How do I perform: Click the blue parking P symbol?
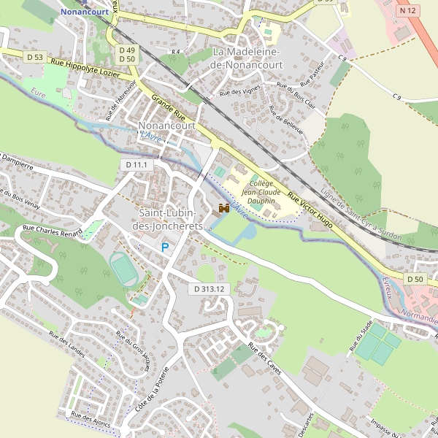click(165, 248)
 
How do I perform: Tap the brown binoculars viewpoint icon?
click(224, 209)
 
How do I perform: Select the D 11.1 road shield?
click(137, 165)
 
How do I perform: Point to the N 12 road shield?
click(408, 11)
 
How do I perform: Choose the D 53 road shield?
click(34, 57)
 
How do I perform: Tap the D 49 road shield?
click(126, 49)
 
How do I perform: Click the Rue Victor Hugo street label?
click(310, 211)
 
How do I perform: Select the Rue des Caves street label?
click(264, 357)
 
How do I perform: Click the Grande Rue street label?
click(168, 107)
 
